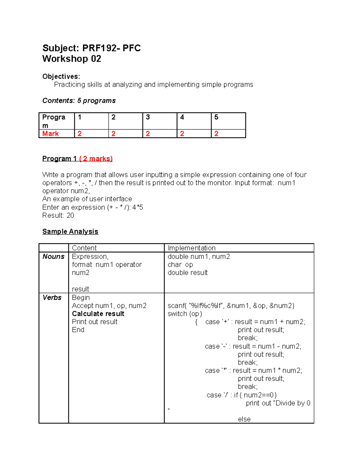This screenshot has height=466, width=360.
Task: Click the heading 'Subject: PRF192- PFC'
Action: pos(91,48)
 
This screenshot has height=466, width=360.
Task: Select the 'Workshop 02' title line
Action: pos(72,59)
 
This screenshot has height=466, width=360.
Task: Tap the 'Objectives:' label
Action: pos(61,77)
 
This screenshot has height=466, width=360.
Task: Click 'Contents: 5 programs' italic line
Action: pos(79,101)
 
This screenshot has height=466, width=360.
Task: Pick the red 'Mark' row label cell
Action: pos(50,134)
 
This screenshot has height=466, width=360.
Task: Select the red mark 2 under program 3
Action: pos(148,134)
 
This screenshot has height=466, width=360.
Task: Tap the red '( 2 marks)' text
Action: pos(96,159)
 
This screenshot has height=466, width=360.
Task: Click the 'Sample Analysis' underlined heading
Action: pos(70,232)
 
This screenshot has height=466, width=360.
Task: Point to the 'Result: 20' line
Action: pos(58,215)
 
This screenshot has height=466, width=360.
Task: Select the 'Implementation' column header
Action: pos(191,248)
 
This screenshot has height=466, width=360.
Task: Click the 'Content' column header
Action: pos(84,248)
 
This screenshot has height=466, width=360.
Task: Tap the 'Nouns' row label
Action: pos(53,257)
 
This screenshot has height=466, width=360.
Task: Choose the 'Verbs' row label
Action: pos(52,298)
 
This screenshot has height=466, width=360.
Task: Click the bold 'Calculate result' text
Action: pos(98,314)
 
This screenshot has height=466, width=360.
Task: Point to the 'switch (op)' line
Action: pos(185,314)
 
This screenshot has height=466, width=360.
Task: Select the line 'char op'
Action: pos(180,265)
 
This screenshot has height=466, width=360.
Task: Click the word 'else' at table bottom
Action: pos(244,419)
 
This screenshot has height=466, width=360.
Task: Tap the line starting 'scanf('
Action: pos(231,306)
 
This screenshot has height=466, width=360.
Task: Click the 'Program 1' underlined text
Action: pos(59,159)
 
